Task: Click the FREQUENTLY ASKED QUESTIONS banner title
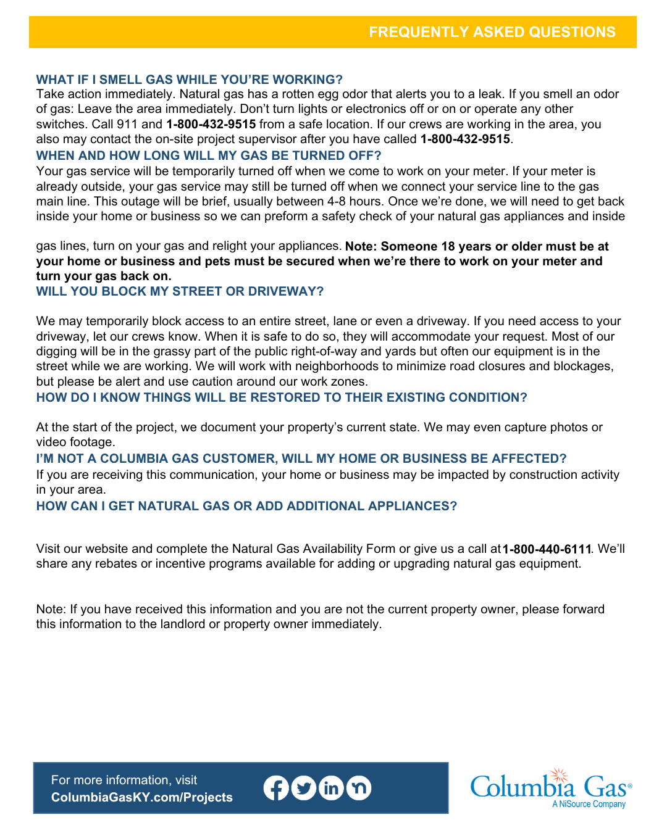click(x=492, y=32)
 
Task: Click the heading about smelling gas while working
click(x=189, y=80)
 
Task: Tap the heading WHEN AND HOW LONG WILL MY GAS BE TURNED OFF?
click(x=209, y=155)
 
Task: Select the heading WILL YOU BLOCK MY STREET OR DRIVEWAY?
click(x=180, y=291)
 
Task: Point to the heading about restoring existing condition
click(x=282, y=397)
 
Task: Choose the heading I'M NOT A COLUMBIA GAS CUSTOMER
click(x=301, y=458)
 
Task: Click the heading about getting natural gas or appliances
click(x=246, y=506)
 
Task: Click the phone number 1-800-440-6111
click(x=547, y=549)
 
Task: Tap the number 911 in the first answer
click(x=127, y=124)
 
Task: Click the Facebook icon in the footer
click(x=276, y=788)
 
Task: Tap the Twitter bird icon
click(x=303, y=788)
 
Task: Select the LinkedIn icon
click(x=331, y=788)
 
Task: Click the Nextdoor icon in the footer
click(x=359, y=788)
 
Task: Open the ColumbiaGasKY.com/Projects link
click(x=142, y=797)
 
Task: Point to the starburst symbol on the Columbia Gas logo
click(x=560, y=776)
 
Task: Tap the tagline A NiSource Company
click(x=589, y=804)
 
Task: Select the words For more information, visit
click(x=124, y=780)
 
